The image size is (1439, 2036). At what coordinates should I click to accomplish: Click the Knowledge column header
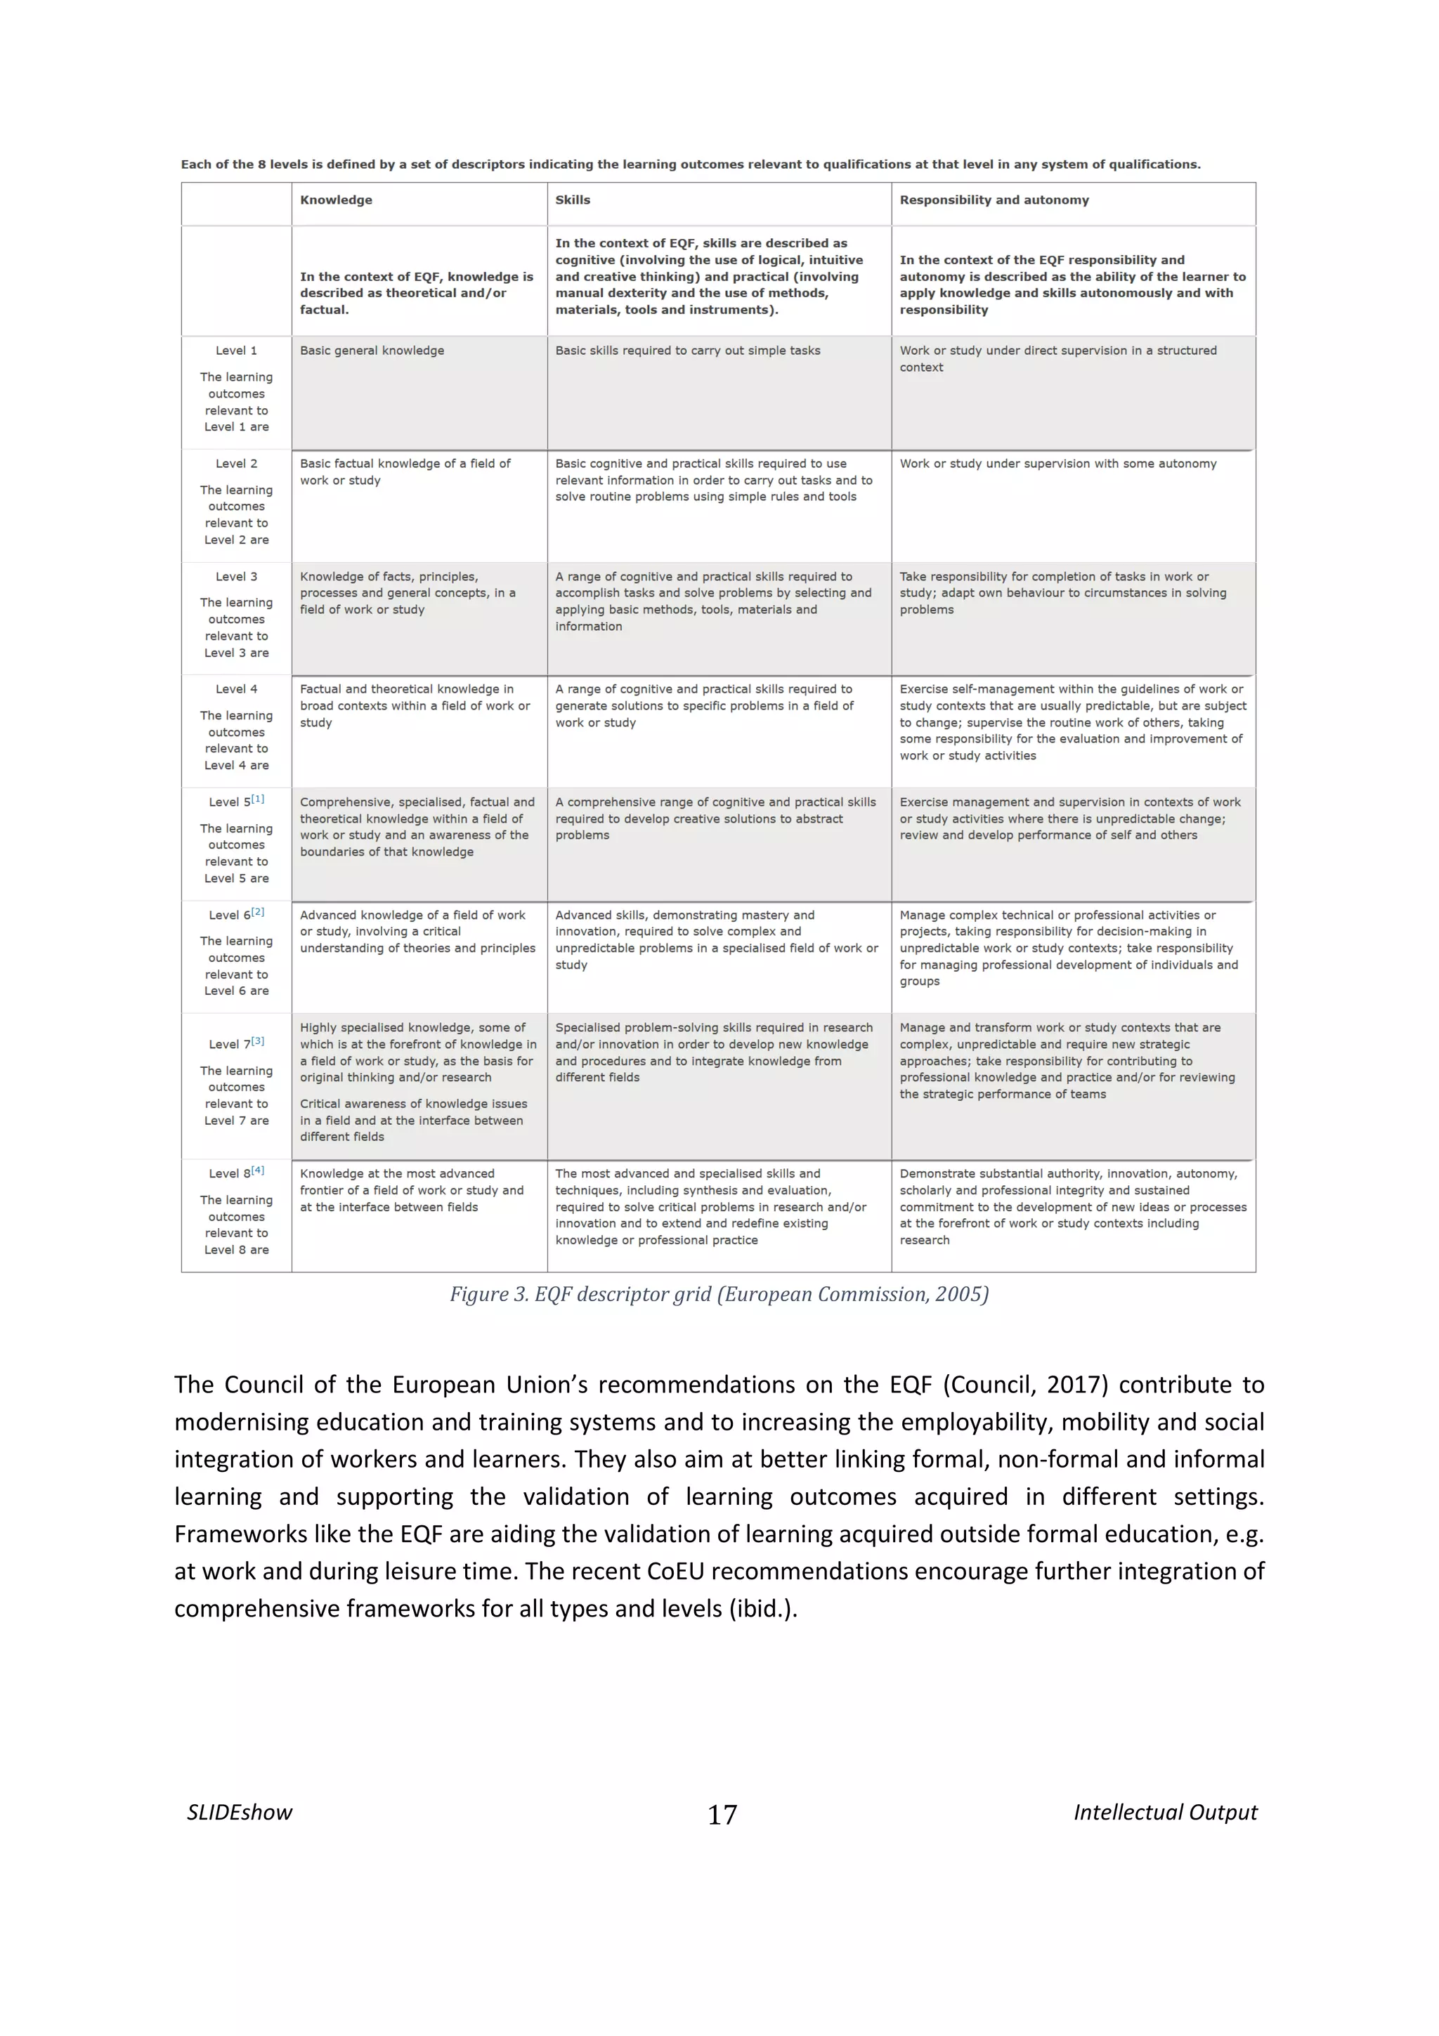pyautogui.click(x=336, y=200)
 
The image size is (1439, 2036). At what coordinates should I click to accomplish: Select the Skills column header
pyautogui.click(x=573, y=200)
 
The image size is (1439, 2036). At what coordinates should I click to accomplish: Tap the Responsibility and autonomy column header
pyautogui.click(x=994, y=200)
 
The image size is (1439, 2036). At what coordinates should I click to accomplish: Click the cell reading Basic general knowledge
pyautogui.click(x=372, y=351)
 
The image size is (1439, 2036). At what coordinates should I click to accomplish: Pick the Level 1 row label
pyautogui.click(x=236, y=351)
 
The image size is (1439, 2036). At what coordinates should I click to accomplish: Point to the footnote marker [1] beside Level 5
pyautogui.click(x=258, y=799)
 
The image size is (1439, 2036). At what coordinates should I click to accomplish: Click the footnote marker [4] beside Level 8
pyautogui.click(x=258, y=1170)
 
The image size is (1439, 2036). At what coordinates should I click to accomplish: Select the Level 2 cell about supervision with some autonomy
pyautogui.click(x=1057, y=464)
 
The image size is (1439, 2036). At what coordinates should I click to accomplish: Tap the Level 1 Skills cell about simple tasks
pyautogui.click(x=687, y=351)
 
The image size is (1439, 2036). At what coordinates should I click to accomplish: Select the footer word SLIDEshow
pyautogui.click(x=240, y=1813)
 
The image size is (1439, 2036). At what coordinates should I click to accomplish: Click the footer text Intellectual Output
pyautogui.click(x=1165, y=1813)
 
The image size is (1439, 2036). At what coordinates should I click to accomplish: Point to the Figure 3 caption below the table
pyautogui.click(x=719, y=1295)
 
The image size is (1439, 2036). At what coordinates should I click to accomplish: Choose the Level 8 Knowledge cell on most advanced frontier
pyautogui.click(x=412, y=1190)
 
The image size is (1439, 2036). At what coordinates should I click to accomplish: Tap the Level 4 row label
pyautogui.click(x=236, y=689)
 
